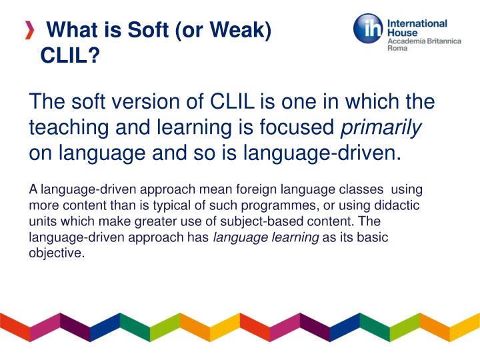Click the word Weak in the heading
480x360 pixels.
tap(239, 31)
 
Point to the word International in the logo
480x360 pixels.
tap(417, 23)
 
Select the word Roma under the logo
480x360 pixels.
tap(397, 49)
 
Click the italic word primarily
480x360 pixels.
tap(381, 127)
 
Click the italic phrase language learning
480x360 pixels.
tap(265, 237)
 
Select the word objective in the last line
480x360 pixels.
tap(57, 253)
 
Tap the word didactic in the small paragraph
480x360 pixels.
tap(401, 207)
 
